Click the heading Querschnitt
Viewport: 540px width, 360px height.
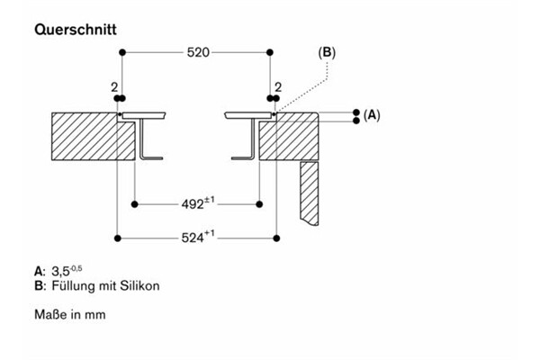(x=76, y=30)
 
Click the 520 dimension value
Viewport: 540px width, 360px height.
(x=197, y=53)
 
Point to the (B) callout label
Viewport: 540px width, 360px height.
(x=327, y=53)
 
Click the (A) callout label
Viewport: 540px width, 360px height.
(x=372, y=115)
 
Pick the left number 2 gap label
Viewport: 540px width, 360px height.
(x=113, y=87)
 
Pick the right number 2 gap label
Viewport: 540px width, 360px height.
(x=278, y=87)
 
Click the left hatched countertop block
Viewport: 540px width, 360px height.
(x=84, y=136)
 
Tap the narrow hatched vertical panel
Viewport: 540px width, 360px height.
(x=310, y=191)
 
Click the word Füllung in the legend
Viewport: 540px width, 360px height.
(x=67, y=286)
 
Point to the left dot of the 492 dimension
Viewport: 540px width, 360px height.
(x=134, y=204)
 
